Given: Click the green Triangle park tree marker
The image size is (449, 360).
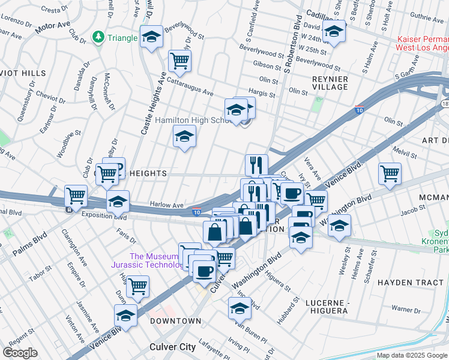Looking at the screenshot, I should pos(98,37).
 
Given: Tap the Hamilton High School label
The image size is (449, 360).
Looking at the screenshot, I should pos(191,120).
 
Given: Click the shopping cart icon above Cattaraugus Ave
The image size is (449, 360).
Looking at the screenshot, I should pos(179,60).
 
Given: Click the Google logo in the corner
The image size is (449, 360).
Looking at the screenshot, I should pos(20,353).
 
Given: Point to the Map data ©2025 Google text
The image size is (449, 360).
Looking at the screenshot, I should pos(412,355).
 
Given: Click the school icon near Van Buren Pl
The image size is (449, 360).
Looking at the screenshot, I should pos(240,308).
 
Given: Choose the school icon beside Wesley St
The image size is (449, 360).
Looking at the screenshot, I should pos(339,226).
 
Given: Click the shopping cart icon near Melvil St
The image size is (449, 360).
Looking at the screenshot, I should pos(390,173).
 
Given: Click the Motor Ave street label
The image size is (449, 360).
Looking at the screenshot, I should pos(52,28).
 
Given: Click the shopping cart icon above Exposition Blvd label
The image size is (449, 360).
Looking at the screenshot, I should pos(76,195).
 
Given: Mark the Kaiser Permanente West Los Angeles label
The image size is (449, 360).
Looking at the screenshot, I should pos(423,43).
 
